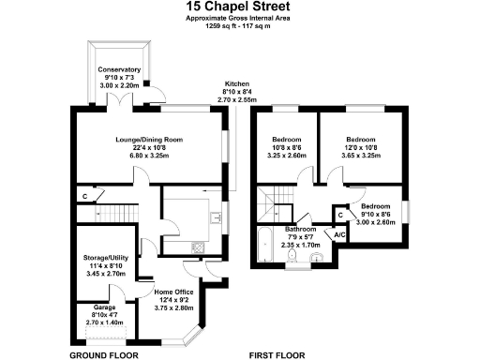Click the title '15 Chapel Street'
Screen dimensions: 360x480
pyautogui.click(x=238, y=7)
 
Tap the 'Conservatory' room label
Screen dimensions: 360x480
pyautogui.click(x=119, y=69)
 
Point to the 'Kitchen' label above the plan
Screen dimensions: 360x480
pyautogui.click(x=236, y=82)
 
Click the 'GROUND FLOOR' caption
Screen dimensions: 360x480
pyautogui.click(x=104, y=355)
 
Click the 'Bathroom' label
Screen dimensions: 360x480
pyautogui.click(x=301, y=229)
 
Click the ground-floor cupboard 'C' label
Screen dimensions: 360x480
pyautogui.click(x=85, y=196)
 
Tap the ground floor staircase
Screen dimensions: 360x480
pyautogui.click(x=112, y=213)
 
